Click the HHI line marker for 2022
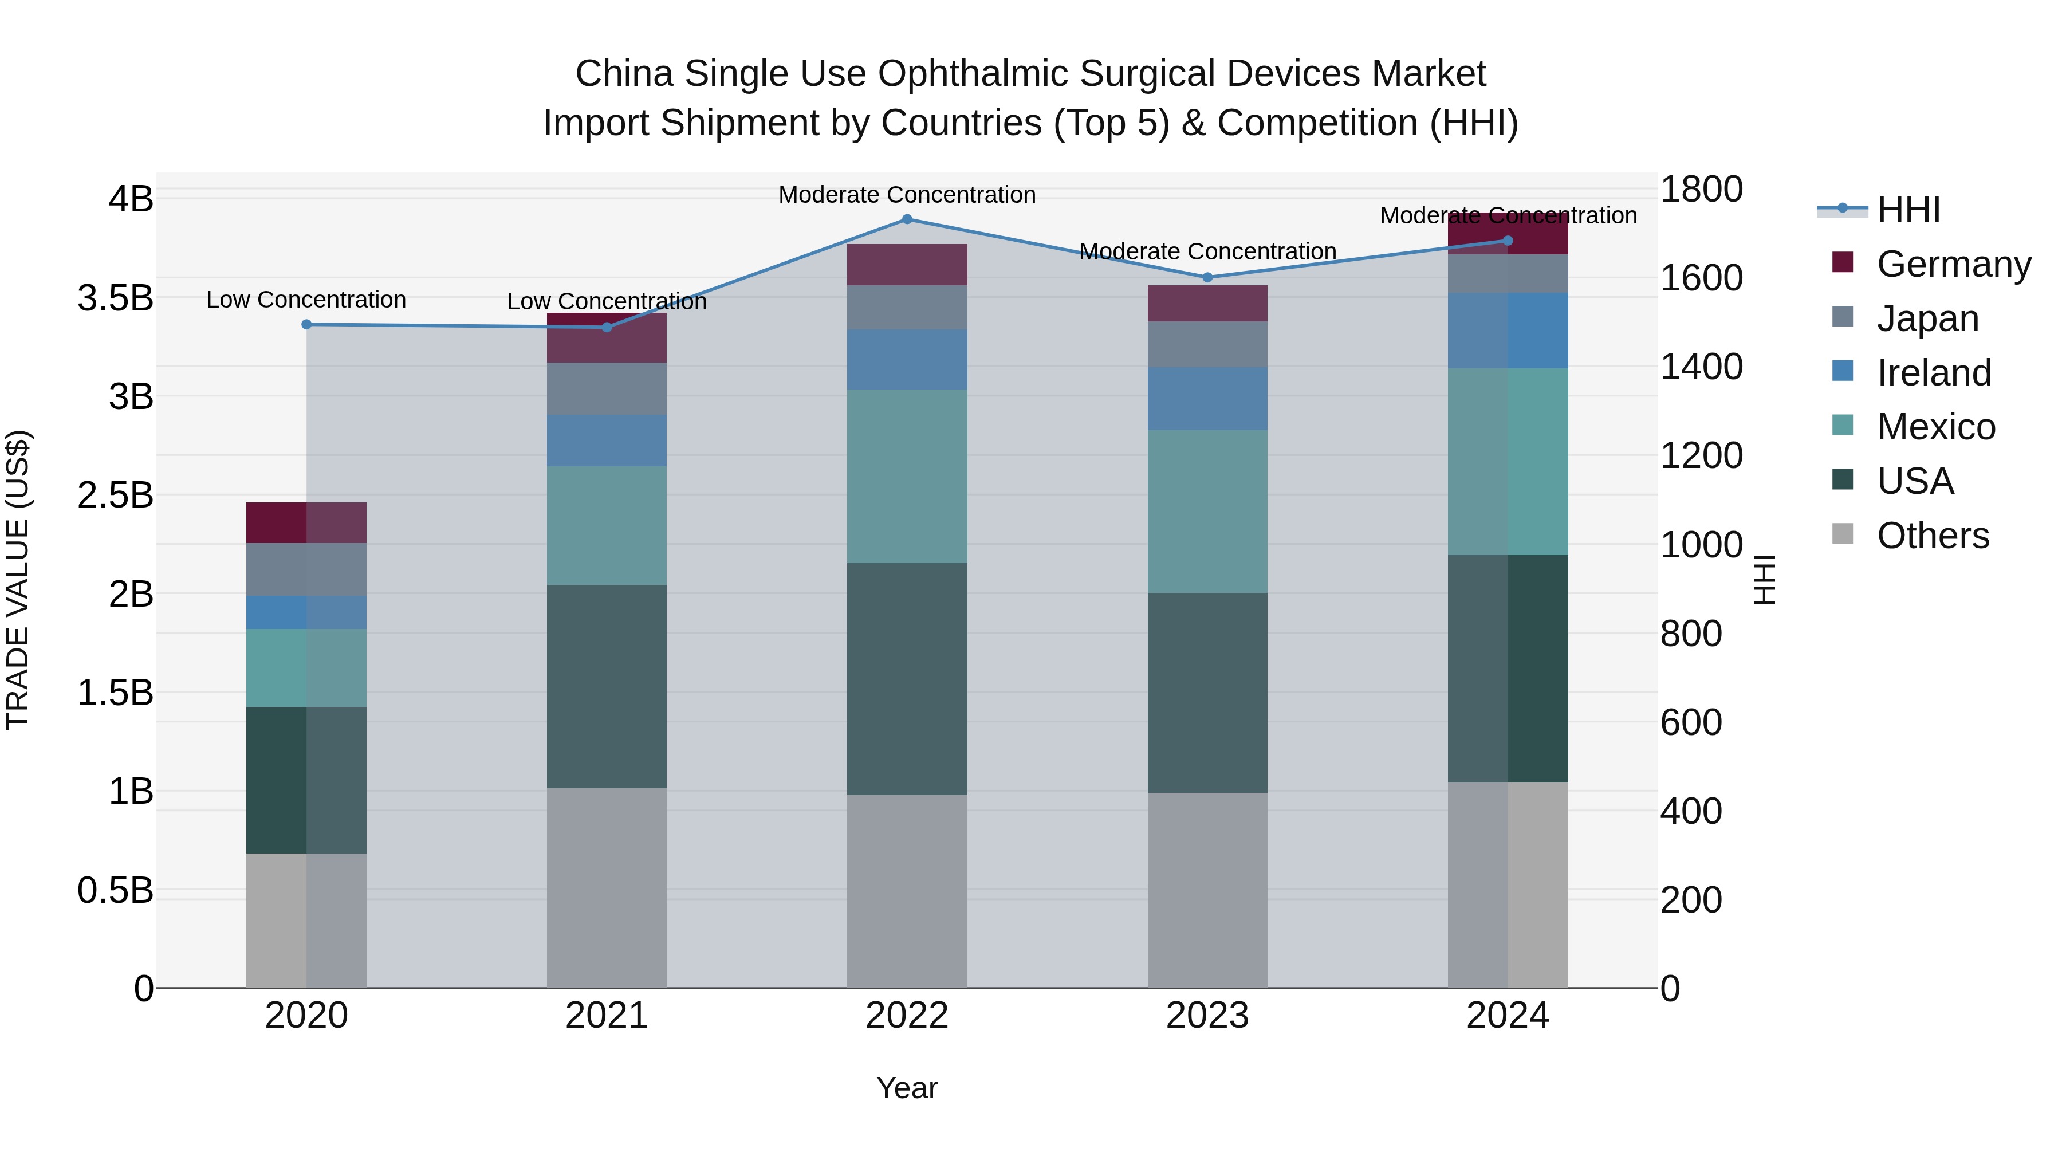pyautogui.click(x=907, y=219)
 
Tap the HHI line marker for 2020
pyautogui.click(x=306, y=324)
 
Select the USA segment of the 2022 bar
pyautogui.click(x=907, y=679)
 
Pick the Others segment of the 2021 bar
pyautogui.click(x=607, y=888)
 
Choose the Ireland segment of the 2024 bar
pyautogui.click(x=1508, y=331)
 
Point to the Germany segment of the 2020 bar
pyautogui.click(x=306, y=523)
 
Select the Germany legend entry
pyautogui.click(x=1953, y=264)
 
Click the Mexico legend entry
pyautogui.click(x=1935, y=427)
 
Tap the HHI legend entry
pyautogui.click(x=1908, y=210)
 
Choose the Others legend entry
pyautogui.click(x=1933, y=536)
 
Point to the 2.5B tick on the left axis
pyautogui.click(x=115, y=495)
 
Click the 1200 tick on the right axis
pyautogui.click(x=1701, y=455)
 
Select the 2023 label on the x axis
pyautogui.click(x=1207, y=1016)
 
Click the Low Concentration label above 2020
pyautogui.click(x=306, y=300)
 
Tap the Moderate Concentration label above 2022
pyautogui.click(x=907, y=195)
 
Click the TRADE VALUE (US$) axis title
pyautogui.click(x=18, y=580)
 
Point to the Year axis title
pyautogui.click(x=907, y=1088)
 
